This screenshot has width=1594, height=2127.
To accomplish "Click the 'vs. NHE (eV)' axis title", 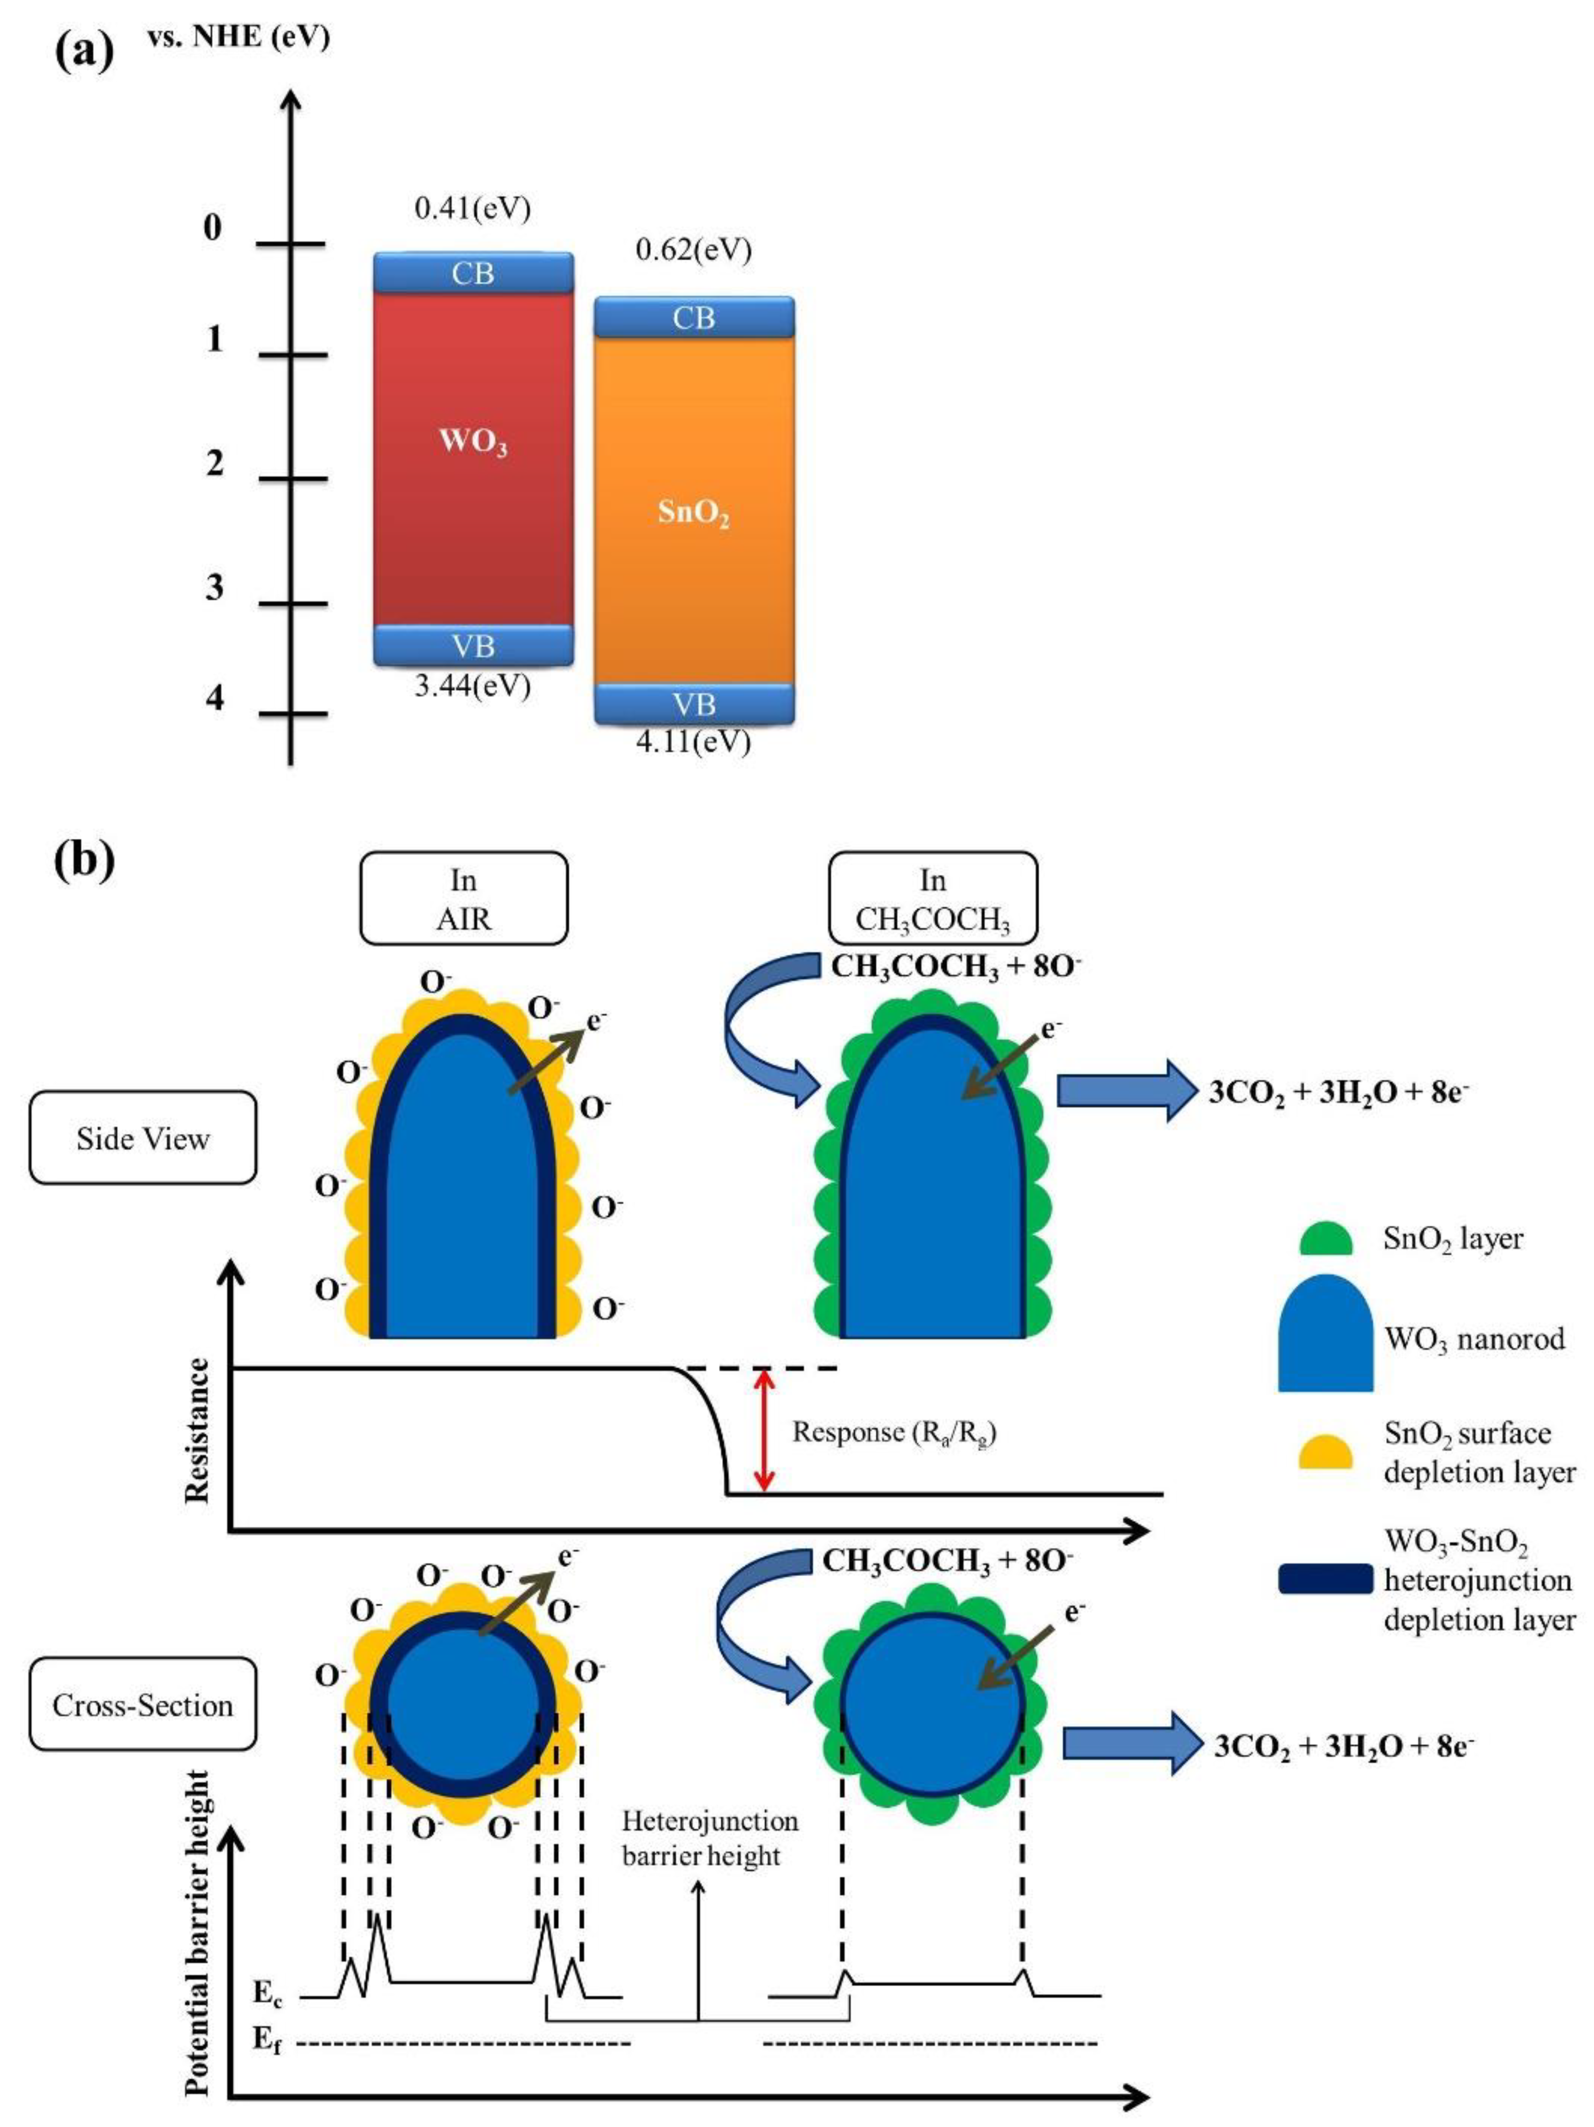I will point(239,39).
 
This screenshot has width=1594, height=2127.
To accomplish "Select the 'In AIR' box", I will point(464,898).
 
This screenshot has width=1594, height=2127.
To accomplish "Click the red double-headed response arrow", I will point(762,1430).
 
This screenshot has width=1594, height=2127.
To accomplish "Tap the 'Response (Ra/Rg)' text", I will point(894,1433).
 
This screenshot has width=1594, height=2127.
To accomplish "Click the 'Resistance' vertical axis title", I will point(197,1430).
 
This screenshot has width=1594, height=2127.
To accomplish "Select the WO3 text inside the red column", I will point(472,442).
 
